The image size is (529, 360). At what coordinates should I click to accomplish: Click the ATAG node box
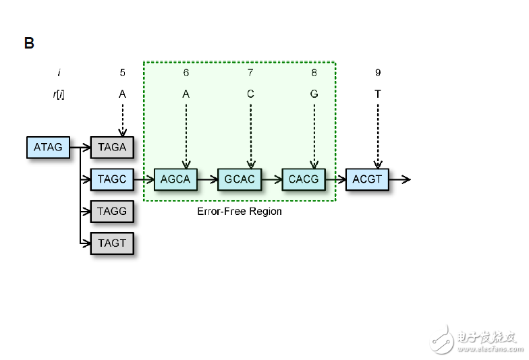pyautogui.click(x=48, y=147)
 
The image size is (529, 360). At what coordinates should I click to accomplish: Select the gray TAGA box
pyautogui.click(x=112, y=147)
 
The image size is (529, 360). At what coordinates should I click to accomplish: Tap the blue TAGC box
pyautogui.click(x=112, y=179)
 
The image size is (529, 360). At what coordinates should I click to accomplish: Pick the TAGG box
pyautogui.click(x=112, y=211)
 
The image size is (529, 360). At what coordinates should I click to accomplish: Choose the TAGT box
pyautogui.click(x=112, y=243)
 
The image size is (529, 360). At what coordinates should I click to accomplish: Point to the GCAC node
pyautogui.click(x=240, y=179)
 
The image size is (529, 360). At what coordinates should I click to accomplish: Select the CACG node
pyautogui.click(x=303, y=179)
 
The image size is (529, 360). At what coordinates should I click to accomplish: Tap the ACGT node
pyautogui.click(x=367, y=179)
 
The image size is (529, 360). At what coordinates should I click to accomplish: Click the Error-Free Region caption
pyautogui.click(x=240, y=211)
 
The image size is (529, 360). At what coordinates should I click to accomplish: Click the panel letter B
pyautogui.click(x=29, y=44)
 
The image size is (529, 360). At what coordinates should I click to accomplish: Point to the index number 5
pyautogui.click(x=122, y=72)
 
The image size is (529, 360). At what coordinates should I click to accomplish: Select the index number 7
pyautogui.click(x=250, y=72)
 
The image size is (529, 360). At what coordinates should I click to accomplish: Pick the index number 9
pyautogui.click(x=378, y=72)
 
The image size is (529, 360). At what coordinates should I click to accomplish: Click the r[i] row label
pyautogui.click(x=59, y=94)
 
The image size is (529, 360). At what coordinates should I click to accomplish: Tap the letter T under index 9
pyautogui.click(x=378, y=94)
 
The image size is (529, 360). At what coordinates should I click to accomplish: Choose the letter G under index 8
pyautogui.click(x=314, y=94)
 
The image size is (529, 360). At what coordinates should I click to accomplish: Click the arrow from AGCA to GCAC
pyautogui.click(x=208, y=179)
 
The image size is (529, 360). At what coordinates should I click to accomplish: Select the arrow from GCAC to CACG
pyautogui.click(x=271, y=179)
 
